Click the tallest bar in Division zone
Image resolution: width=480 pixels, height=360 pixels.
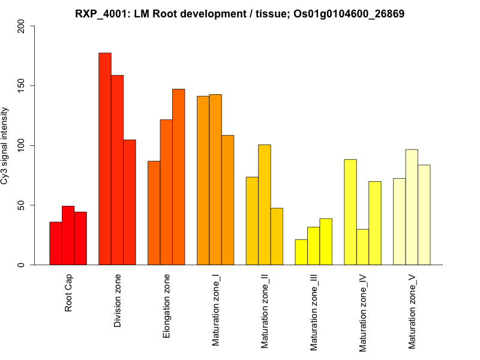point(105,159)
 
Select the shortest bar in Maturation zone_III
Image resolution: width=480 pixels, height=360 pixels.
point(301,252)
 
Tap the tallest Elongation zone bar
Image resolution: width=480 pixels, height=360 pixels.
point(179,177)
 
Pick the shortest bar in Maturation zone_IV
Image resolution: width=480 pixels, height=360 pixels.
point(362,247)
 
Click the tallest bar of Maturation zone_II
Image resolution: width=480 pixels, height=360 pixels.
point(264,205)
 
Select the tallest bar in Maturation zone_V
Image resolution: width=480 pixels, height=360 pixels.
point(412,207)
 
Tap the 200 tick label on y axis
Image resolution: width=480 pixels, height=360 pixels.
point(22,26)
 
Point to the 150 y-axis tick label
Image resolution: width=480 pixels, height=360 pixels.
point(22,86)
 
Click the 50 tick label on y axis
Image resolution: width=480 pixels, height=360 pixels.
point(22,205)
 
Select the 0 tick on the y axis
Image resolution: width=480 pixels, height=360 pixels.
point(22,265)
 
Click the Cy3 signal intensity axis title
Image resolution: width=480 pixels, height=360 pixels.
point(5,145)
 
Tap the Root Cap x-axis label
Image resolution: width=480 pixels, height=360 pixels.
point(68,293)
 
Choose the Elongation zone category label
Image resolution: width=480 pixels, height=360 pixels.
point(167,305)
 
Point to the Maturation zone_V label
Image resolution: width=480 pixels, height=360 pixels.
point(412,311)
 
